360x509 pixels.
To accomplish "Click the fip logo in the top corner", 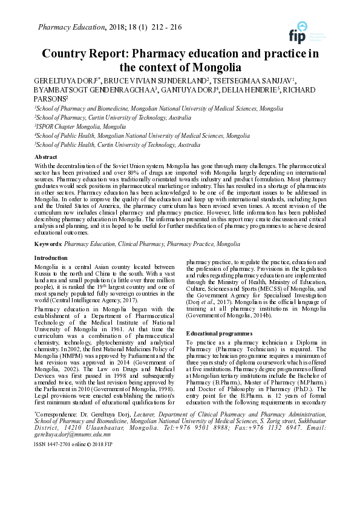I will (x=298, y=32).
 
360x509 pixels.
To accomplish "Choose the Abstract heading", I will (x=46, y=156).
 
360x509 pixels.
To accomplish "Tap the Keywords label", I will (x=48, y=244).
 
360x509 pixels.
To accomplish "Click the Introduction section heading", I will (x=51, y=258).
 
